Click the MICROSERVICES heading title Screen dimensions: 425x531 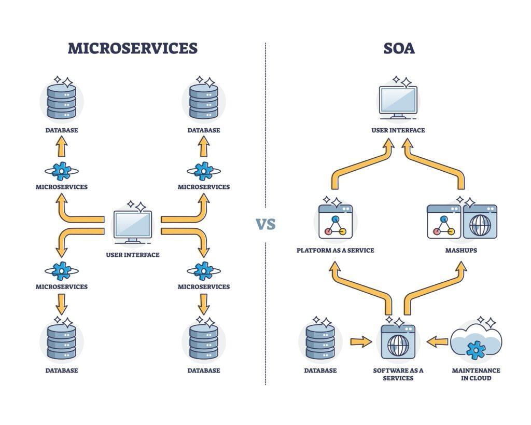coord(133,48)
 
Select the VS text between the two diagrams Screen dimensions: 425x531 coord(265,225)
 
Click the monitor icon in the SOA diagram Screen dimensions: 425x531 coord(398,101)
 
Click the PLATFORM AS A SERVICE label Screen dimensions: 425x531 coord(335,251)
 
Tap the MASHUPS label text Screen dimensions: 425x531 coord(461,251)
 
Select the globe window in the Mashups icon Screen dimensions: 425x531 coord(480,222)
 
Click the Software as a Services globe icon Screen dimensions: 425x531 coord(398,342)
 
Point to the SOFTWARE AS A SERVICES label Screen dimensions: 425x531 coord(398,374)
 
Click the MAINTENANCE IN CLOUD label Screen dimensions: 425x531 coord(476,374)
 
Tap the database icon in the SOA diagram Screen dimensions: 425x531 coord(320,341)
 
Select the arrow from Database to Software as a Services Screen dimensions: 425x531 coord(361,341)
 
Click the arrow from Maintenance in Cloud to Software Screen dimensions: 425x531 coord(438,341)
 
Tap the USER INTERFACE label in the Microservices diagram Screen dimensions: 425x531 coord(133,255)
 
